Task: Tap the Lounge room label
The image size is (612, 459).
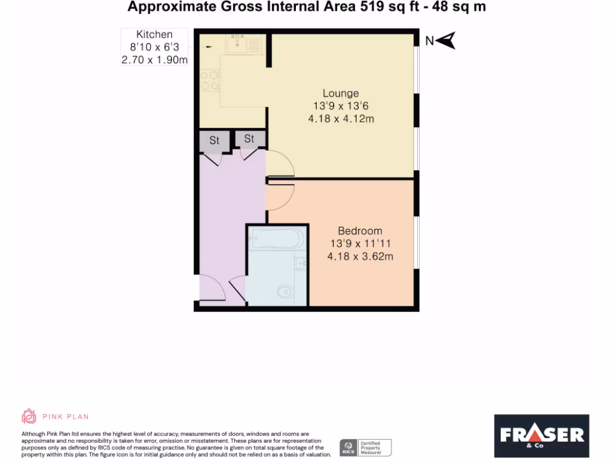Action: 341,93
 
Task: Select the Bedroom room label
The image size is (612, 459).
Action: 360,231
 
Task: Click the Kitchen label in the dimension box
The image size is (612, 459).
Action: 154,35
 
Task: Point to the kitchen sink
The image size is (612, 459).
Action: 238,42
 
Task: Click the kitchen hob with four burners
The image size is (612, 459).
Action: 210,81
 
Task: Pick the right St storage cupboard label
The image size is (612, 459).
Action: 249,139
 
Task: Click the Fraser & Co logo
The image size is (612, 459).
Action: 541,436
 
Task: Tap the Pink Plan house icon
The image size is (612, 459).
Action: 29,416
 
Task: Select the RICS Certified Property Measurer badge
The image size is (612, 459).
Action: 365,447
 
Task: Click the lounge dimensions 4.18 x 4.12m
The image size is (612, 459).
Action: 341,119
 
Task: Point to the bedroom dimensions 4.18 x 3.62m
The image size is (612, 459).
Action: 360,257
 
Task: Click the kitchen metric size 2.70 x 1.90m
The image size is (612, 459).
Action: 154,60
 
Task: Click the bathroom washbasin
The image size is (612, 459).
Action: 301,262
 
